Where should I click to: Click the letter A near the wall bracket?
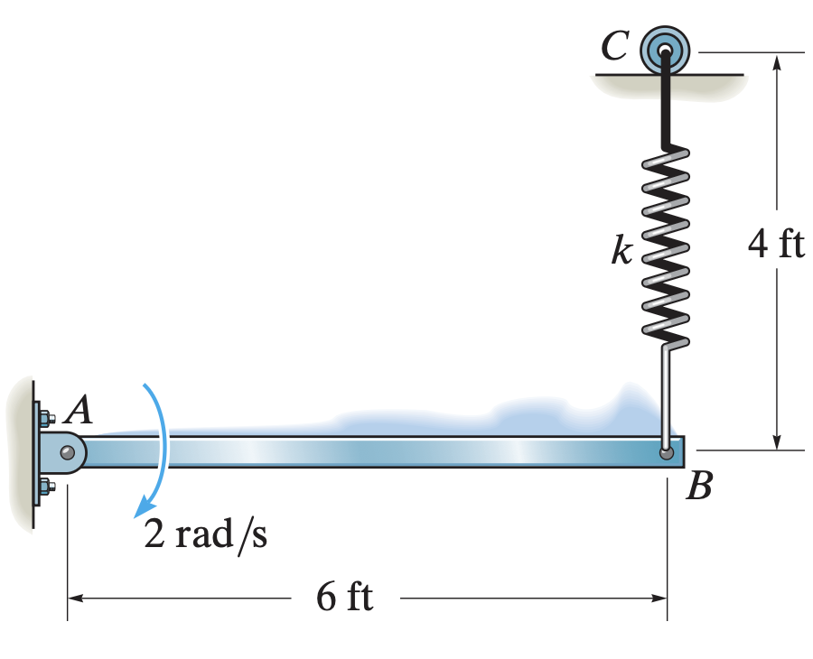[x=80, y=412]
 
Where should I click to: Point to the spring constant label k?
[x=621, y=250]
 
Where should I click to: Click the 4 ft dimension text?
[x=776, y=245]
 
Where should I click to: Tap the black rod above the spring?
[x=667, y=104]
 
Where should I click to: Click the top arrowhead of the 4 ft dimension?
[x=776, y=60]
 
